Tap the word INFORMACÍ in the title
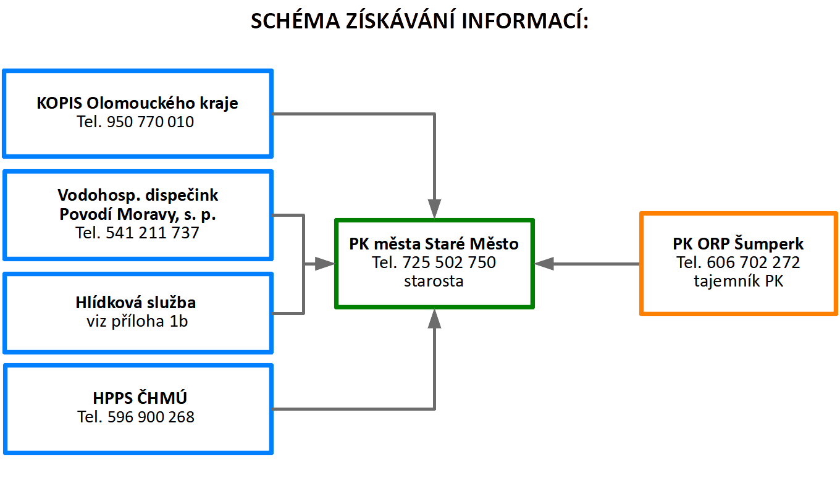[525, 20]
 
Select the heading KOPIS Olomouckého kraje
[137, 103]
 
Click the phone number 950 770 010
[150, 122]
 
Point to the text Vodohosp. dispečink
[138, 195]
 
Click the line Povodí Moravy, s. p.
[138, 214]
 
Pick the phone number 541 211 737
[152, 233]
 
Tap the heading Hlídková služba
[136, 303]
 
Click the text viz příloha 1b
[137, 322]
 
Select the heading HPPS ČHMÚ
[140, 398]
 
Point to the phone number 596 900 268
[151, 417]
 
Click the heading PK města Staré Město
[434, 244]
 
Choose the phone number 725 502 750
[449, 262]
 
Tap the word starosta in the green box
[434, 281]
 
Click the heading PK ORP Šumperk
[738, 244]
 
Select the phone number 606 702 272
[754, 262]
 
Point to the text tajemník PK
[738, 281]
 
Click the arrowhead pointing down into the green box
[434, 209]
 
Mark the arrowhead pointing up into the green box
[434, 319]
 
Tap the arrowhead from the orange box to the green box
[544, 264]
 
